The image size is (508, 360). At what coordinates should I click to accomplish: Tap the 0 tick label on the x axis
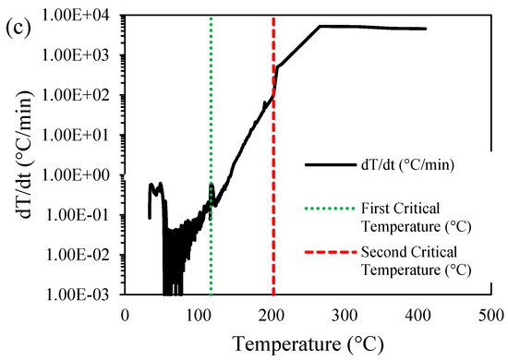click(x=126, y=313)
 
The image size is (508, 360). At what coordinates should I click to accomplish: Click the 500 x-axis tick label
click(x=490, y=313)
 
